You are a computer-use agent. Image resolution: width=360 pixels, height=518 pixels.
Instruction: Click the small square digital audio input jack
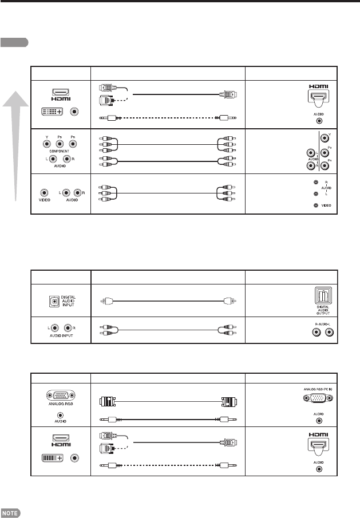54,299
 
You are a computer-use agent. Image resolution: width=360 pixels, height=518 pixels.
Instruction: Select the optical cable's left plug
101,300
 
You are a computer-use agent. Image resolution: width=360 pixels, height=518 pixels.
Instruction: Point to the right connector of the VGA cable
227,401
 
